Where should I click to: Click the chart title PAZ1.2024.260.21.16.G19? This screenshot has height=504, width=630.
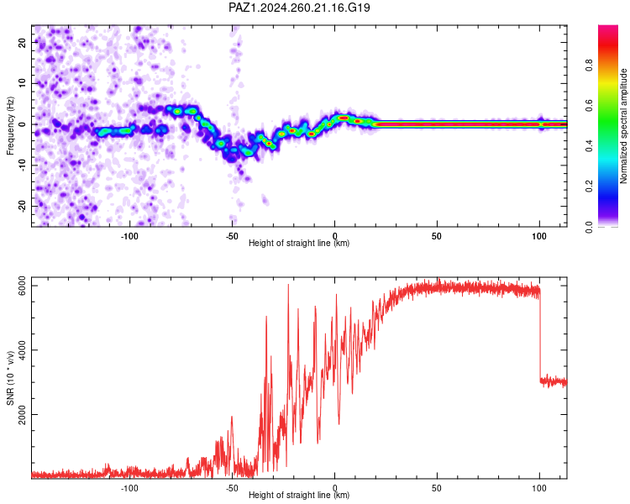pyautogui.click(x=299, y=8)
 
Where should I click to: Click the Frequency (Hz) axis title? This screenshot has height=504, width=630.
pyautogui.click(x=10, y=126)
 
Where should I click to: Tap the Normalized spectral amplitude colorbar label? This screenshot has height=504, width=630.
pyautogui.click(x=623, y=126)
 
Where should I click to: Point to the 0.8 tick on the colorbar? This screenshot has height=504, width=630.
pyautogui.click(x=589, y=65)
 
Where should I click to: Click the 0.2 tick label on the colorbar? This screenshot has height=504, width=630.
pyautogui.click(x=589, y=186)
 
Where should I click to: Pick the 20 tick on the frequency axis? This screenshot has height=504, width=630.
pyautogui.click(x=22, y=42)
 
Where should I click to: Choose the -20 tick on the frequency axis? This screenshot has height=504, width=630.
pyautogui.click(x=22, y=206)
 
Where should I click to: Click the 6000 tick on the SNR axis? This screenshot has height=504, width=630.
pyautogui.click(x=22, y=286)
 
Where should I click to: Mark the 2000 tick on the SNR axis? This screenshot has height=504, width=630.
pyautogui.click(x=22, y=414)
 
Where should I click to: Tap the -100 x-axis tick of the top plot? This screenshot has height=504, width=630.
pyautogui.click(x=129, y=236)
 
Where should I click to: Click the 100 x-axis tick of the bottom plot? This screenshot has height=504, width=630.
pyautogui.click(x=539, y=488)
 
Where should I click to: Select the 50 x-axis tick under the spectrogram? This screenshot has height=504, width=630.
pyautogui.click(x=437, y=236)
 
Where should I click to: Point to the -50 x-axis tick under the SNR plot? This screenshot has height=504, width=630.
pyautogui.click(x=232, y=488)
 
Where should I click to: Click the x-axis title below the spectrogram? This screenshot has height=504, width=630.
pyautogui.click(x=299, y=243)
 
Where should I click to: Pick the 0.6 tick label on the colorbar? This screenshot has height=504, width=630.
pyautogui.click(x=589, y=105)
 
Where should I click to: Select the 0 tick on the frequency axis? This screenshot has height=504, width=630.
pyautogui.click(x=22, y=124)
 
